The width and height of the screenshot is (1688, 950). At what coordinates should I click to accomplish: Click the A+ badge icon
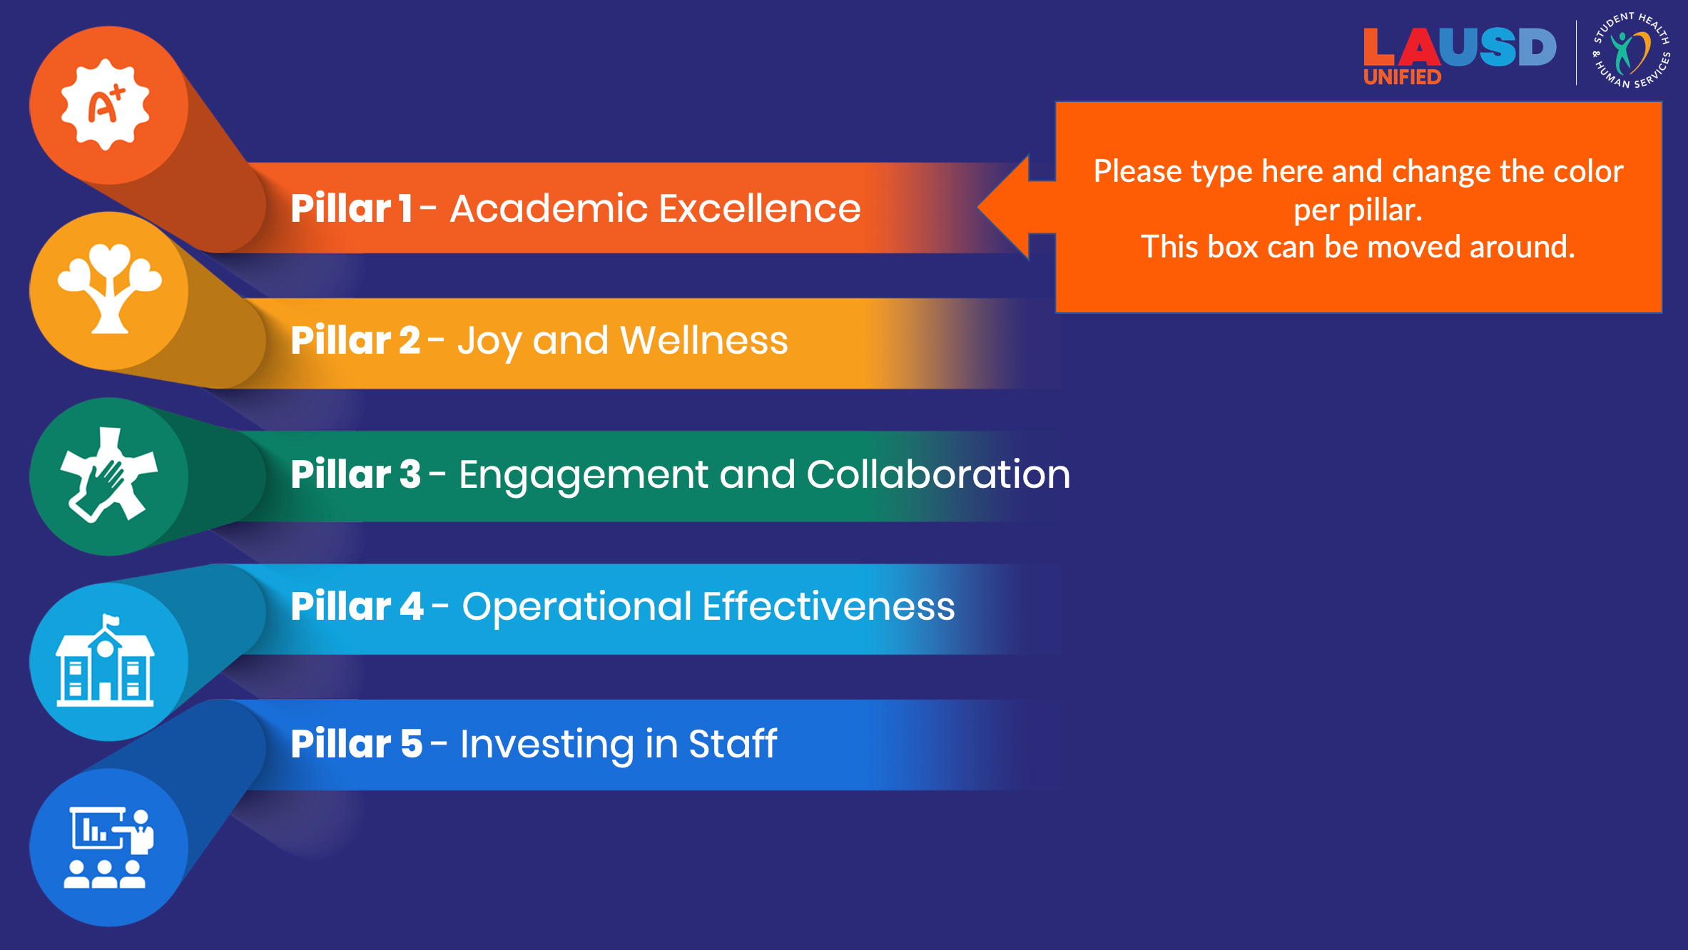(106, 105)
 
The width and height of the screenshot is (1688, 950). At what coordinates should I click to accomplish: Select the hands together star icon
(108, 475)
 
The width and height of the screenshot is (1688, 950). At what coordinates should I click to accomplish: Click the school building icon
(106, 661)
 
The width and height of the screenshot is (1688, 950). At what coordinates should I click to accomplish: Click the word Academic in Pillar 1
(548, 208)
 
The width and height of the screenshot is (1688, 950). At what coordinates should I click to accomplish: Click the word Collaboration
(938, 474)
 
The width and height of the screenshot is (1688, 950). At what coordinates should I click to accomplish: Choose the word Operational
(576, 607)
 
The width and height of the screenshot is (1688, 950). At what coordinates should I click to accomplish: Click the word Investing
(546, 745)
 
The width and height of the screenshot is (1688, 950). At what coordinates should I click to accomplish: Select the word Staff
(732, 744)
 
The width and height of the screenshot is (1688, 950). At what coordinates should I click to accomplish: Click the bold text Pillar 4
(357, 607)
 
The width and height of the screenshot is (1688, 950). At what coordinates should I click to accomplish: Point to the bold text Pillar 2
(355, 340)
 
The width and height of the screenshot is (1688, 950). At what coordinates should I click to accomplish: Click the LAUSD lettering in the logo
(1459, 47)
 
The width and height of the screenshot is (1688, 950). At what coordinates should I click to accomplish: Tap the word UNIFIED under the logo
(1402, 77)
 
